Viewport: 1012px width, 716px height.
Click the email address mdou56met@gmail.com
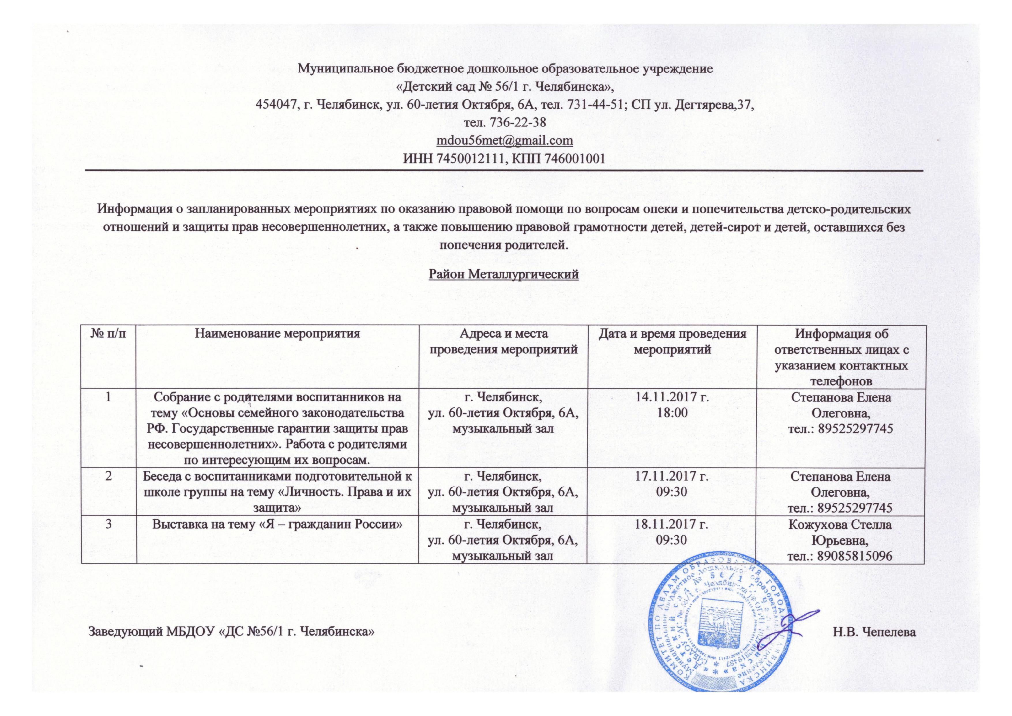point(504,140)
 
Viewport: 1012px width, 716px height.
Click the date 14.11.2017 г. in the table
point(671,397)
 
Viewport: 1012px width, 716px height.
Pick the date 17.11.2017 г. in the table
point(671,477)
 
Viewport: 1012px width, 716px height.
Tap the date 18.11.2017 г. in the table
point(671,525)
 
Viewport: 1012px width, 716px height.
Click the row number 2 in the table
point(108,477)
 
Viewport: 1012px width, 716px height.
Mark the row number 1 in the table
point(108,397)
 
